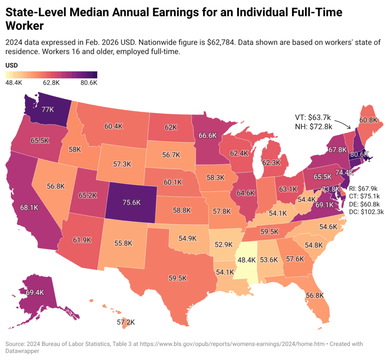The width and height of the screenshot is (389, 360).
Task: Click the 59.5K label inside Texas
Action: pos(177,278)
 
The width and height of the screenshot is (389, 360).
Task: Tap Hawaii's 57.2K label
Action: pos(126,322)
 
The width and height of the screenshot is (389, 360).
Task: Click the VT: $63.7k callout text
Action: pos(313,117)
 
